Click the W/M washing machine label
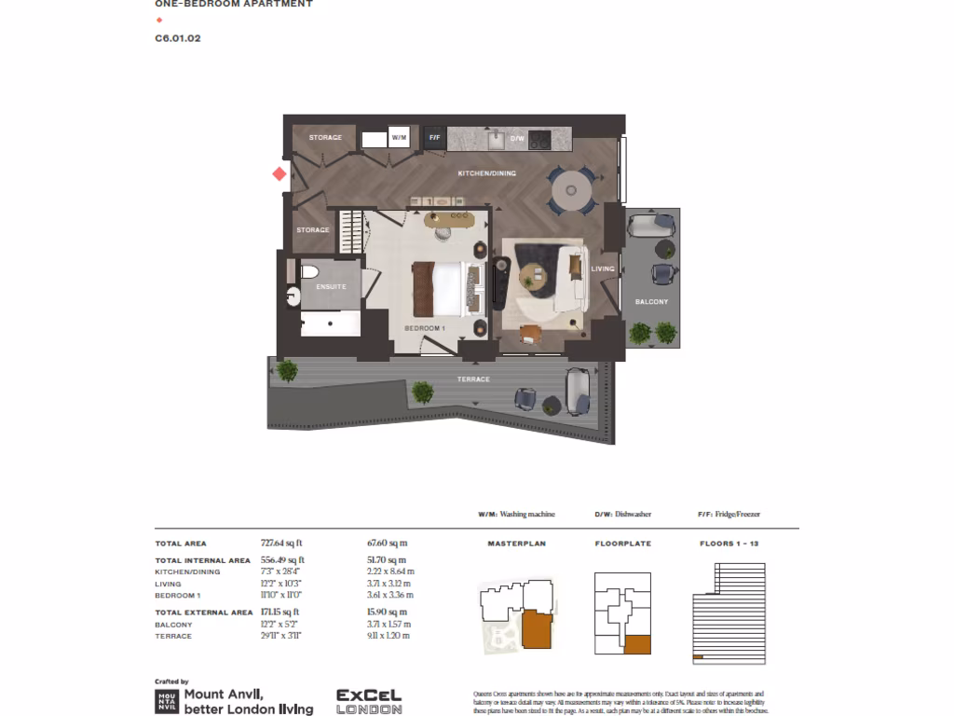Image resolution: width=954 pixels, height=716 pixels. (x=400, y=138)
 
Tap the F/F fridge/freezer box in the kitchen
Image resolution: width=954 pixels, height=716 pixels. (x=434, y=138)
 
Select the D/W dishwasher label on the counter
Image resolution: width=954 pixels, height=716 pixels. (x=518, y=138)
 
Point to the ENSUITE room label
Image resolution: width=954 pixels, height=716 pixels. (x=331, y=286)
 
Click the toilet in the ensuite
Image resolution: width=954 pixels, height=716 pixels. (x=310, y=273)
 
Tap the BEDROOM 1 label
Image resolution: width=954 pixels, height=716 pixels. (x=425, y=329)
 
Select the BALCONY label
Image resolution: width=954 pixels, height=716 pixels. (x=651, y=302)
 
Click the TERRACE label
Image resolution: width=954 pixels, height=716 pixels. (x=473, y=379)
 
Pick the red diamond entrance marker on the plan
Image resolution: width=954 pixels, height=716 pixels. (x=279, y=173)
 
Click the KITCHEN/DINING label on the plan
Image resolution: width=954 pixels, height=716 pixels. (x=486, y=174)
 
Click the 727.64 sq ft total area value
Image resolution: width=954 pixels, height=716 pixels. (x=282, y=543)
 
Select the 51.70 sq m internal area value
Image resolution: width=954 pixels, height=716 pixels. (x=388, y=560)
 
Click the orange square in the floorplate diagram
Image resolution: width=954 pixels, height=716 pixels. (x=637, y=644)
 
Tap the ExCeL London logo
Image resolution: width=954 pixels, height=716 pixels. (x=369, y=701)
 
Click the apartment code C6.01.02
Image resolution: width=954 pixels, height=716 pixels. (x=178, y=38)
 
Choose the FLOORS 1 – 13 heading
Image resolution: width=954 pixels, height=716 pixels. (x=729, y=543)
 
